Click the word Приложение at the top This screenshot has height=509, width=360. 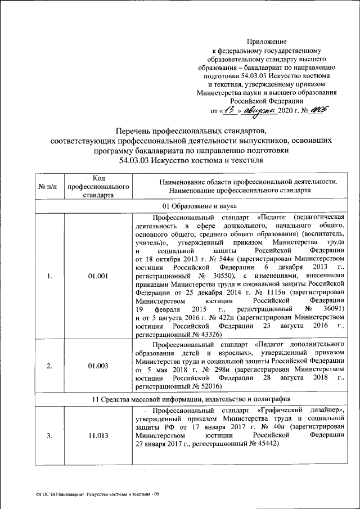[267, 41]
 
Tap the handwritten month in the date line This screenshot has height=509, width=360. [258, 110]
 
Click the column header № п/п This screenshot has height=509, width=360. [49, 186]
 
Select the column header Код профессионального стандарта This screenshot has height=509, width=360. [98, 186]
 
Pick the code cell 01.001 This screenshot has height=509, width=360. [98, 276]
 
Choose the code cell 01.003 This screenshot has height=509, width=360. [98, 366]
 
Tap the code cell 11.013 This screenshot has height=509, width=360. [98, 435]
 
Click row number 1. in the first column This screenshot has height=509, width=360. [49, 276]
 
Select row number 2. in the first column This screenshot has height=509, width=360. [49, 366]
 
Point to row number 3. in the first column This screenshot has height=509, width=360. [49, 435]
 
